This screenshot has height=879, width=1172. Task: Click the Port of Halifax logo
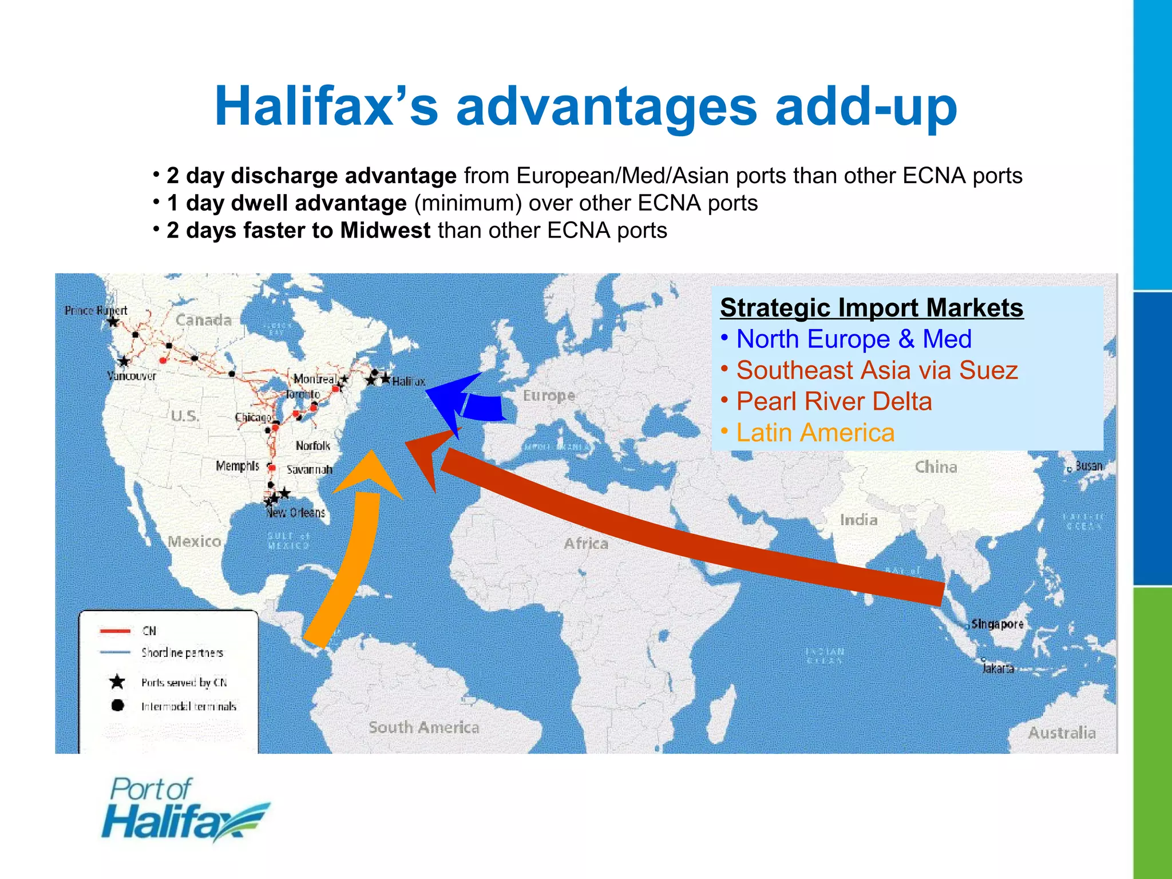[184, 809]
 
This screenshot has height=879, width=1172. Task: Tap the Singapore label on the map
[997, 624]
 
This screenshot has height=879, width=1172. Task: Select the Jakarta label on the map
[998, 668]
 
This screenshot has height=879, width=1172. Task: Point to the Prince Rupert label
[96, 310]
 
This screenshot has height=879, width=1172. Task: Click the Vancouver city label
[132, 376]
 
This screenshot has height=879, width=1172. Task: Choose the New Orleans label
[296, 513]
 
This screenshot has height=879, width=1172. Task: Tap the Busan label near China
[1088, 466]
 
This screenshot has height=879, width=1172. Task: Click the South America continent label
[423, 727]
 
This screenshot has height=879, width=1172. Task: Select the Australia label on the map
[1062, 732]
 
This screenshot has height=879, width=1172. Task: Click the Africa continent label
[586, 543]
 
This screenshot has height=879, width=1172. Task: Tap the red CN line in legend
[115, 631]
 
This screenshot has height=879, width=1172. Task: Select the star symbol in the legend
[117, 682]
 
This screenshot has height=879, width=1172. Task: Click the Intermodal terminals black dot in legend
[117, 706]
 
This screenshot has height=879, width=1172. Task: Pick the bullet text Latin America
[815, 433]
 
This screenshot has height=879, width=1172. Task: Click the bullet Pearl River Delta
[834, 401]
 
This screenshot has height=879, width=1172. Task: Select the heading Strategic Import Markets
[871, 307]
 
